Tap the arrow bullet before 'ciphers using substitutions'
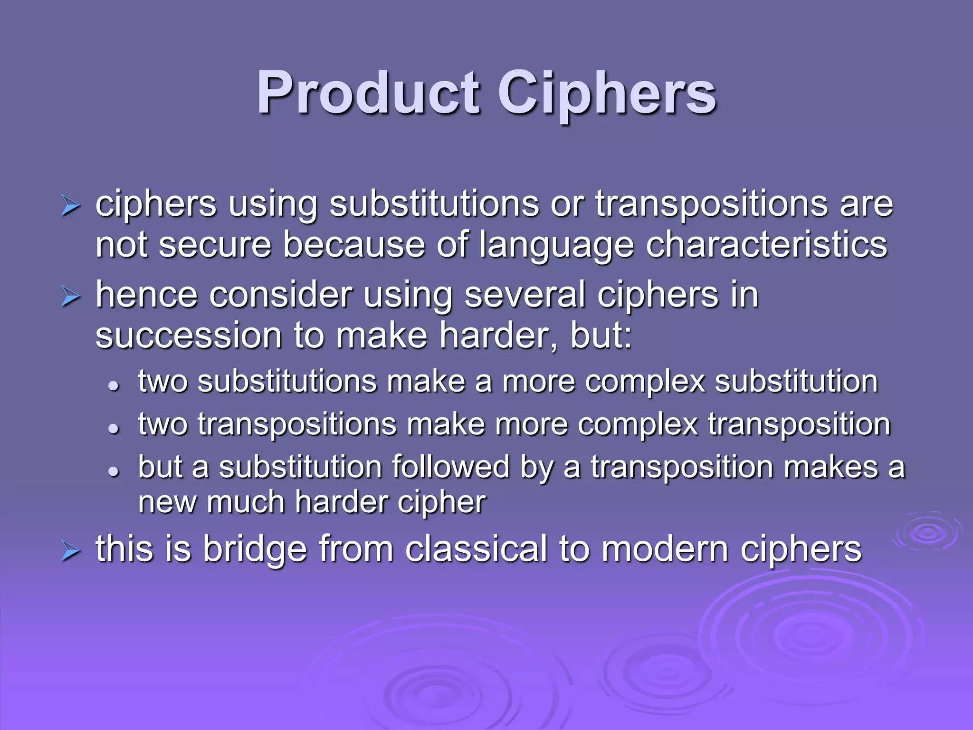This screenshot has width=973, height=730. tap(70, 207)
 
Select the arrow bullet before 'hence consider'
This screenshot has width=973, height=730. tap(70, 297)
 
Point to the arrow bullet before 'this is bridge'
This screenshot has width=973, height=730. tap(70, 552)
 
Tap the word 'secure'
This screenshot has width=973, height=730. tap(215, 245)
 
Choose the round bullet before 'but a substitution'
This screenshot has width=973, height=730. tap(113, 471)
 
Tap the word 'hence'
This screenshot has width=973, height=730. tap(146, 295)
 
